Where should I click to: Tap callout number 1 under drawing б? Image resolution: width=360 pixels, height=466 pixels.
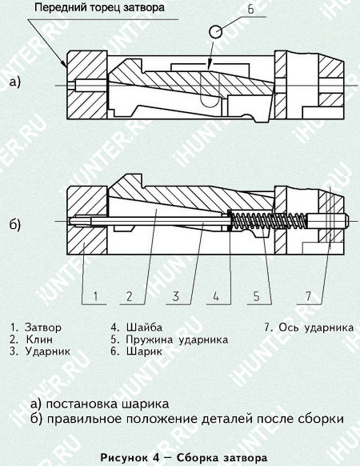94,297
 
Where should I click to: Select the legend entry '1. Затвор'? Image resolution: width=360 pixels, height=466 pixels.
35,327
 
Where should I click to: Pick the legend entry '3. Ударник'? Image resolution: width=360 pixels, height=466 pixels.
40,351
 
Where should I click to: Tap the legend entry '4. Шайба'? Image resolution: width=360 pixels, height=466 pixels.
135,327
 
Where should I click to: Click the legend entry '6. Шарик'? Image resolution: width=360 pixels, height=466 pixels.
136,351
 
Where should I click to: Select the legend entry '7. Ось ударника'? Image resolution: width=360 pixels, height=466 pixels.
307,327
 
